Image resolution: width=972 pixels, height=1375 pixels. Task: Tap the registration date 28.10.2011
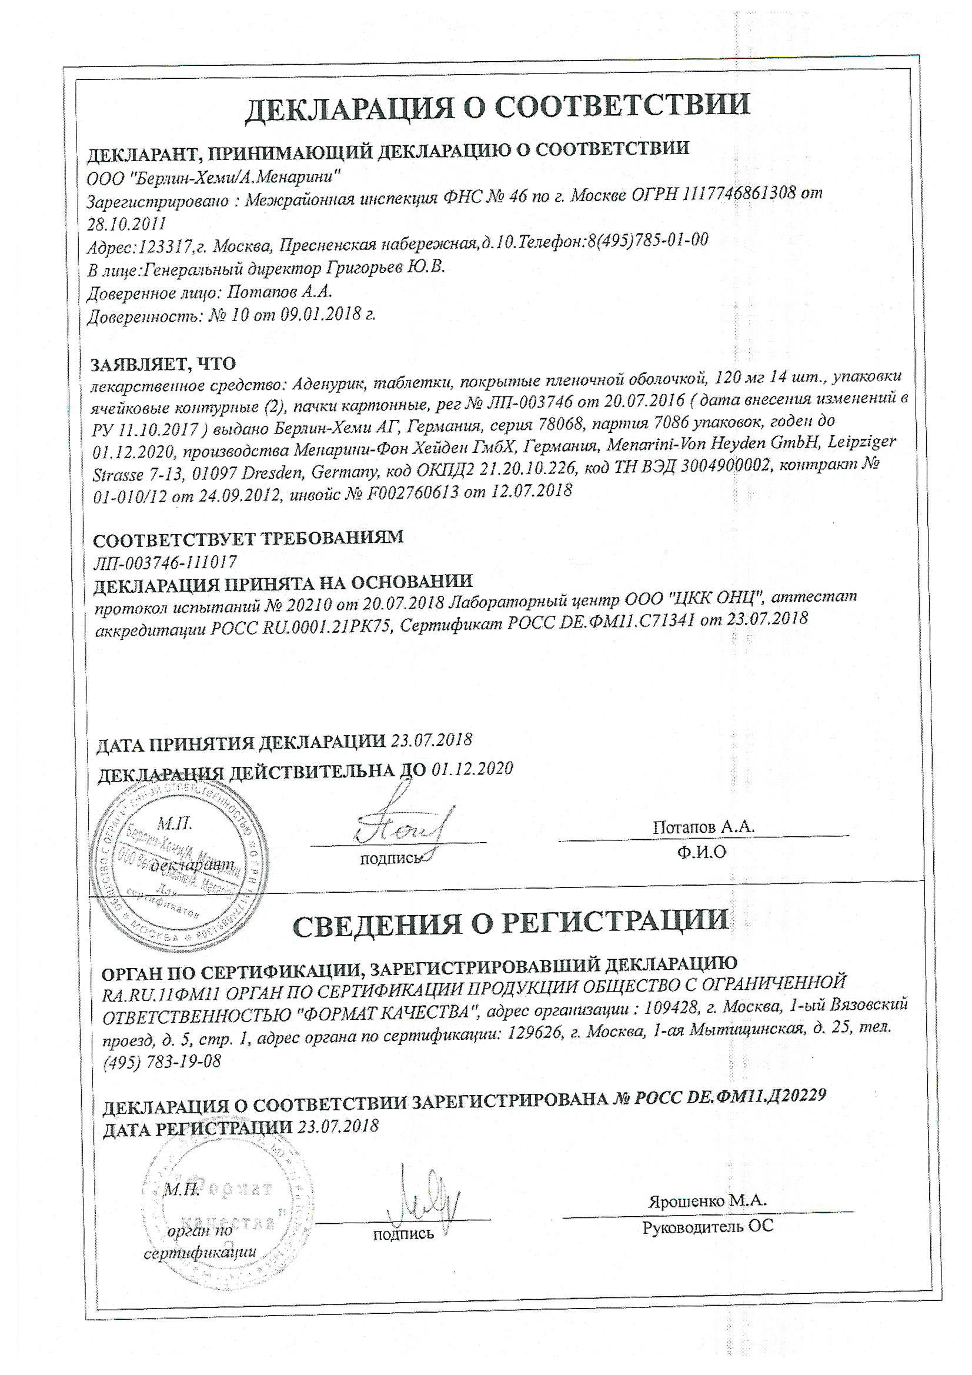(126, 223)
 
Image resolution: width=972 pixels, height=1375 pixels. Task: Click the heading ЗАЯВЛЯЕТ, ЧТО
(163, 363)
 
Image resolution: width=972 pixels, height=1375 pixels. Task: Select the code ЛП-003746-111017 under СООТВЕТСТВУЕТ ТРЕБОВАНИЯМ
(165, 562)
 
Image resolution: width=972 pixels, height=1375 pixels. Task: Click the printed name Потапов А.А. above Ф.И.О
(703, 827)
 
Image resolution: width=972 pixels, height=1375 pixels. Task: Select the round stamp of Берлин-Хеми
(180, 862)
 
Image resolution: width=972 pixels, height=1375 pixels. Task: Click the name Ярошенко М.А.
(707, 1200)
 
